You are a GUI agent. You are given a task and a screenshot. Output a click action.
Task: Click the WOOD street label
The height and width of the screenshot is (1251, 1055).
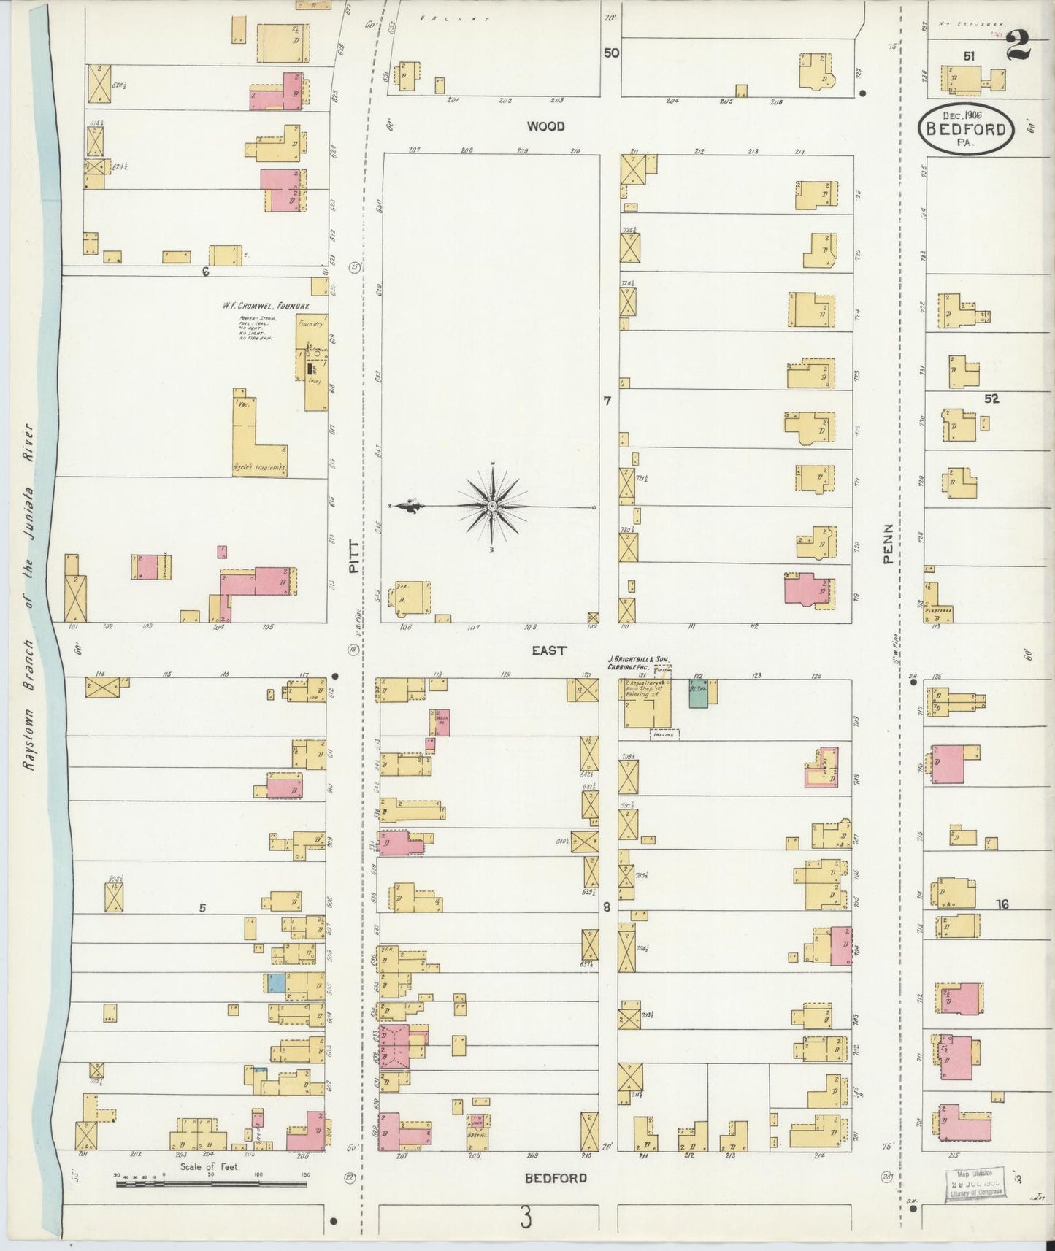(x=546, y=126)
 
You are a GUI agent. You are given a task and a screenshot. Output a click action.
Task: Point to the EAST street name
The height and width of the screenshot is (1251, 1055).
(x=548, y=650)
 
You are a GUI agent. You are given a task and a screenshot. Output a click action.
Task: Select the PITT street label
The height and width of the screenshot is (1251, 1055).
(x=355, y=555)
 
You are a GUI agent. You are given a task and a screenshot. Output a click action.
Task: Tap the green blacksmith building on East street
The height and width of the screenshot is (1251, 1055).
(x=697, y=693)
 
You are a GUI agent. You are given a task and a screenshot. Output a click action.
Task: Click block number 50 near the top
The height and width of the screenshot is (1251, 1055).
(x=610, y=53)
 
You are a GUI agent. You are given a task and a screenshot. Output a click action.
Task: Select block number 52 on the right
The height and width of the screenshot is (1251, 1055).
(x=990, y=399)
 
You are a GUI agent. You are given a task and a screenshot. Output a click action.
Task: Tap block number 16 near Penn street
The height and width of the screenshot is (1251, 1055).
(x=1002, y=904)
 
